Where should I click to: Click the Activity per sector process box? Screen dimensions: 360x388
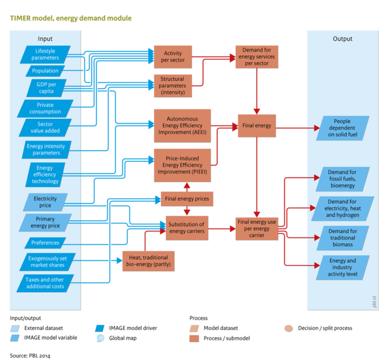[x=173, y=57]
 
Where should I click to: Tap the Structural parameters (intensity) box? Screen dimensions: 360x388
[x=173, y=86]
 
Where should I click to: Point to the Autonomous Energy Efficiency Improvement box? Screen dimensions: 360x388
[x=183, y=126]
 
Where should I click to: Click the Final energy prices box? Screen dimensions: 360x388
[x=187, y=198]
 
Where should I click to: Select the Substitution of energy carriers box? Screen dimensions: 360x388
[x=187, y=227]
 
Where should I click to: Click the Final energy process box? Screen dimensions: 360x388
[x=257, y=126]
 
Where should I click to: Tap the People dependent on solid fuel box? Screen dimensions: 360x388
[x=342, y=128]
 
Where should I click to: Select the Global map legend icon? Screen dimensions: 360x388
[x=100, y=338]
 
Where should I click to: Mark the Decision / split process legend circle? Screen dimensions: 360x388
[x=289, y=328]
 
